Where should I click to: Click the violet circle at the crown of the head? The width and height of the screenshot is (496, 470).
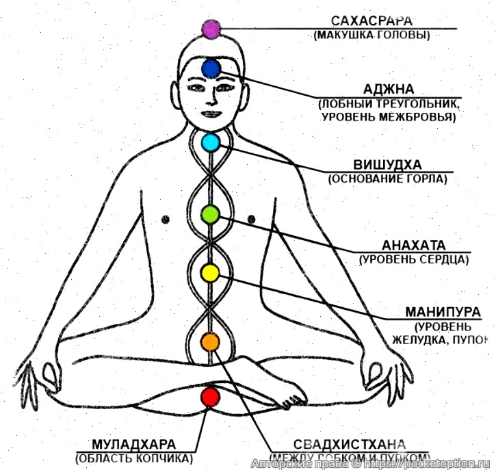211,29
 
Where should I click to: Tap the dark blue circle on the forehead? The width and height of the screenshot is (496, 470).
211,68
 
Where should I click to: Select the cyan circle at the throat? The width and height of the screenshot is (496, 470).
210,142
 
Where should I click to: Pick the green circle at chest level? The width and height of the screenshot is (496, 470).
209,215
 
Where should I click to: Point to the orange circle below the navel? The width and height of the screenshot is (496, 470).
209,340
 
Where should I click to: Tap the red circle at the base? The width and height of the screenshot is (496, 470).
209,396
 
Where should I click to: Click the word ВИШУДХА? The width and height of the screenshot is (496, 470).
387,165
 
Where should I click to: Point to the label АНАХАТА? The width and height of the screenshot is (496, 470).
414,245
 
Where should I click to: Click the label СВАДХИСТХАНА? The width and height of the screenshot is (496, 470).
350,445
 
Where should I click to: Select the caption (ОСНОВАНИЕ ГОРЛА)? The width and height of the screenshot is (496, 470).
387,179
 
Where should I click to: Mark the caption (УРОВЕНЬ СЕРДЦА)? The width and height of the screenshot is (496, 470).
414,259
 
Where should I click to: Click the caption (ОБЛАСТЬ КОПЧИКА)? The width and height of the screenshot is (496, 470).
134,458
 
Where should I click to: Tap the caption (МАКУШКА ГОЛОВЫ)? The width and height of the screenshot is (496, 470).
372,34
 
